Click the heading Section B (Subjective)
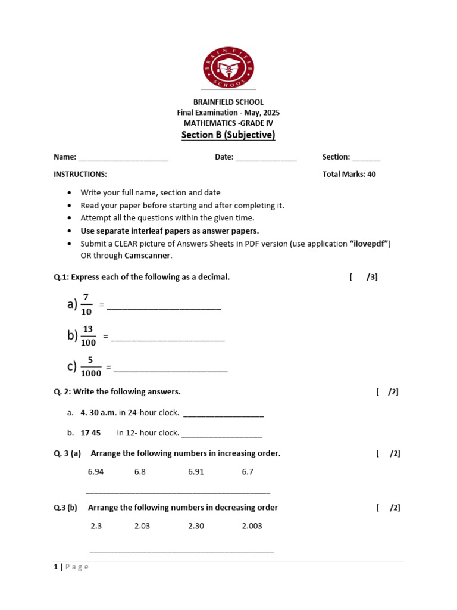click(228, 135)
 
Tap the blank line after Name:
click(123, 158)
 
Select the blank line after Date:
click(266, 158)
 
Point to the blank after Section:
click(366, 158)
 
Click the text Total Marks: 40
click(349, 175)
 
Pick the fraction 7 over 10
click(86, 305)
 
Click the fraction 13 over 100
click(88, 336)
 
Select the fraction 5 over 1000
click(90, 367)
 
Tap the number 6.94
click(96, 472)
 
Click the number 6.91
click(196, 472)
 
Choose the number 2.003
click(252, 526)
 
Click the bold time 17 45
click(90, 433)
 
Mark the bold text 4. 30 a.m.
click(99, 412)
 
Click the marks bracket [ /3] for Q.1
click(364, 277)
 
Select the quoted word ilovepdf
click(370, 244)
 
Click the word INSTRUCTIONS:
click(80, 175)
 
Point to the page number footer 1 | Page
click(71, 567)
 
